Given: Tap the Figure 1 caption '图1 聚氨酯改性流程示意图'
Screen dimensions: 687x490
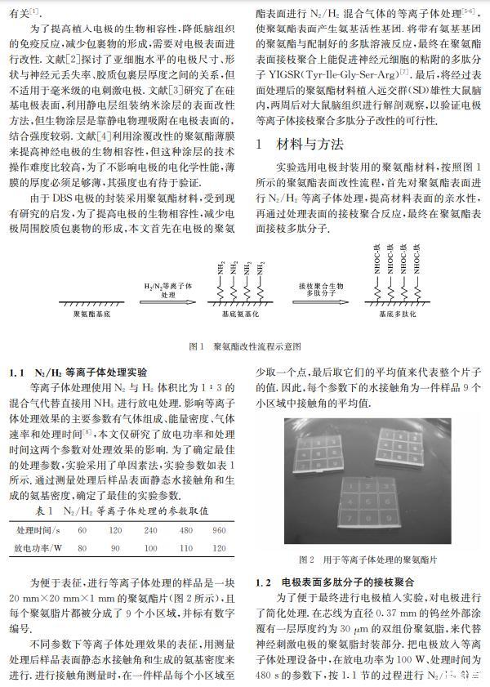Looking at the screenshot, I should point(245,346).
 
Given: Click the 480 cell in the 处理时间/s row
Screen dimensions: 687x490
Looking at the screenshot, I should point(186,529).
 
